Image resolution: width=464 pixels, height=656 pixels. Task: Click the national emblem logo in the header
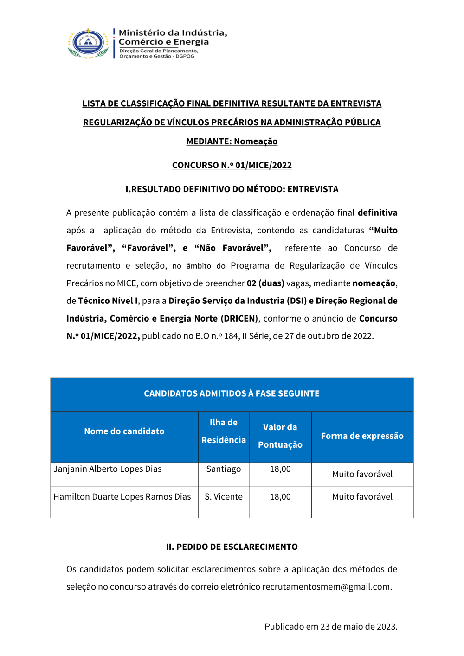click(88, 43)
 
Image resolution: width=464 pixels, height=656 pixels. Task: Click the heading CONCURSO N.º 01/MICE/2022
click(232, 165)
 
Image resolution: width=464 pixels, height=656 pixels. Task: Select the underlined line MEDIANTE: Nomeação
click(232, 141)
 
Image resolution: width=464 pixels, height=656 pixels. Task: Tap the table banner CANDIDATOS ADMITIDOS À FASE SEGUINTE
click(232, 393)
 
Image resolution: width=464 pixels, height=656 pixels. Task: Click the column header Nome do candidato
click(124, 431)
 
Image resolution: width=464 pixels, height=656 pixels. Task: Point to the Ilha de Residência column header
click(224, 431)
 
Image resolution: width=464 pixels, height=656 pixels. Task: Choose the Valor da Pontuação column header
click(280, 436)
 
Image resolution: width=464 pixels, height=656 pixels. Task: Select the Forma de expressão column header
click(362, 436)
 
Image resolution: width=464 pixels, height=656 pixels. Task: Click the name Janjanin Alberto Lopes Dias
click(108, 469)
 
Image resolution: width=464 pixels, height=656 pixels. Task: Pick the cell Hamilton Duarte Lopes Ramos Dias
click(122, 497)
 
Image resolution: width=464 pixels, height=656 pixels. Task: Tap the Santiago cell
click(224, 469)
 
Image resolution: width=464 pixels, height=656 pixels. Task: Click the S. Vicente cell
click(224, 497)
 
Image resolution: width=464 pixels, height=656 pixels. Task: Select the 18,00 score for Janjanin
click(280, 469)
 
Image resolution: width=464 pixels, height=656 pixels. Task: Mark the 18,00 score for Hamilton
click(280, 497)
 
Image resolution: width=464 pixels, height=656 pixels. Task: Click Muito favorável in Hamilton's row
click(362, 497)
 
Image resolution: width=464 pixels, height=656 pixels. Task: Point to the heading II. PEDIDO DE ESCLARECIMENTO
click(232, 547)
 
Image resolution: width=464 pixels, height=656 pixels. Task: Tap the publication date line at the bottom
click(331, 627)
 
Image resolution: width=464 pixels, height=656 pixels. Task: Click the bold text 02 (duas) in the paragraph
click(265, 283)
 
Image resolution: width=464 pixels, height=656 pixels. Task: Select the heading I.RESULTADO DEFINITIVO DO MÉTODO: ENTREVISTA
click(232, 189)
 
